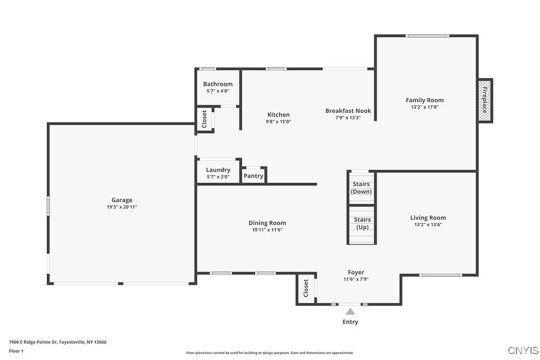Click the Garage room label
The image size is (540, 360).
(122, 200)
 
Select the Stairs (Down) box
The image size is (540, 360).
(362, 188)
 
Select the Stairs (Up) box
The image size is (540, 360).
(362, 223)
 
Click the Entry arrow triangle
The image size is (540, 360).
(350, 312)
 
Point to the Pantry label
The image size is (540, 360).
(254, 176)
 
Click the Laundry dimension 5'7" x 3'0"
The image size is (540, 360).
(218, 177)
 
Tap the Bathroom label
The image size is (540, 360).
(218, 84)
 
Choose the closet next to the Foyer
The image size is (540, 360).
(306, 289)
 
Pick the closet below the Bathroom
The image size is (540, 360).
(205, 119)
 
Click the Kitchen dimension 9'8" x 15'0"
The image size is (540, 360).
(278, 122)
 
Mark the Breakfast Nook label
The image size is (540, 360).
(348, 111)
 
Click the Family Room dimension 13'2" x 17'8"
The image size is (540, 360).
(425, 107)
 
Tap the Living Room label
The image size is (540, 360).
(428, 218)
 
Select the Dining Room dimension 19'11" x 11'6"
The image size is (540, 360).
(267, 230)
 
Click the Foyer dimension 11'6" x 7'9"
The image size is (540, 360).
(356, 279)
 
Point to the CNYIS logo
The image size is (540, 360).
(523, 351)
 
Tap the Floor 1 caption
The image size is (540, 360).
(16, 351)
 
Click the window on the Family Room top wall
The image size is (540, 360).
(426, 36)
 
